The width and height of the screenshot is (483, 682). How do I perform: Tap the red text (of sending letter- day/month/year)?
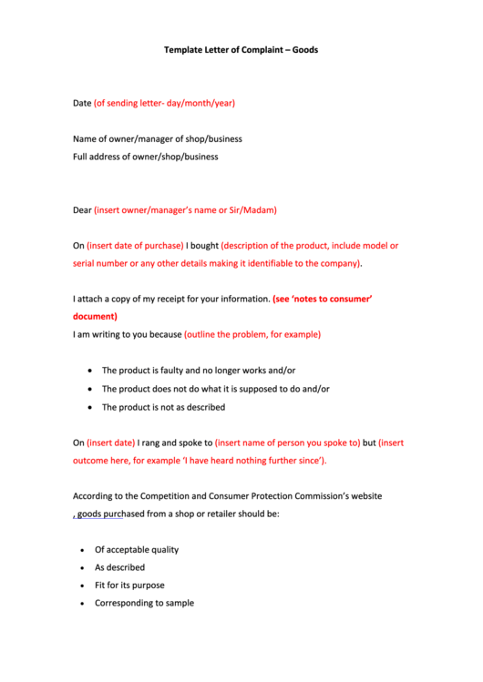click(164, 103)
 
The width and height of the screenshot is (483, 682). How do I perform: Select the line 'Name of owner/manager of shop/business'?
click(157, 139)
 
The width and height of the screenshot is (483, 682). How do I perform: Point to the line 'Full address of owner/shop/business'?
click(145, 157)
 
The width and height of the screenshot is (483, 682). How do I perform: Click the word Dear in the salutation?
click(82, 209)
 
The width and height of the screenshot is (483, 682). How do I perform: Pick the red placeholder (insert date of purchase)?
click(136, 246)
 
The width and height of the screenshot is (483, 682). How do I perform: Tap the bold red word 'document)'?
click(95, 317)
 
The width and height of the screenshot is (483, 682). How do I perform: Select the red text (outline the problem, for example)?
click(252, 334)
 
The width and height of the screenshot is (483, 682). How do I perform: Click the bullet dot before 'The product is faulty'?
click(88, 372)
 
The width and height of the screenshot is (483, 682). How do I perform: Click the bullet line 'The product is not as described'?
click(163, 407)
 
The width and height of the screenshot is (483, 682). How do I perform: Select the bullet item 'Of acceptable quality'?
click(137, 550)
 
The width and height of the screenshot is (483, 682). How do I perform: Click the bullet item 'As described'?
click(119, 567)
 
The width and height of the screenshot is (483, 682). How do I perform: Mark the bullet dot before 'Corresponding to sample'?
click(82, 604)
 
